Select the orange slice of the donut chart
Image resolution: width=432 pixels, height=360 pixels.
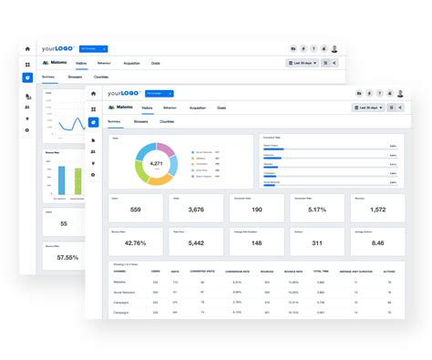[160, 180]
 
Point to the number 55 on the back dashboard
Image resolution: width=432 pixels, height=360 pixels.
[64, 223]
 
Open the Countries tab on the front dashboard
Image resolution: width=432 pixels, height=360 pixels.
[167, 120]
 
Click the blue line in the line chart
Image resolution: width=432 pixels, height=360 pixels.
[64, 125]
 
